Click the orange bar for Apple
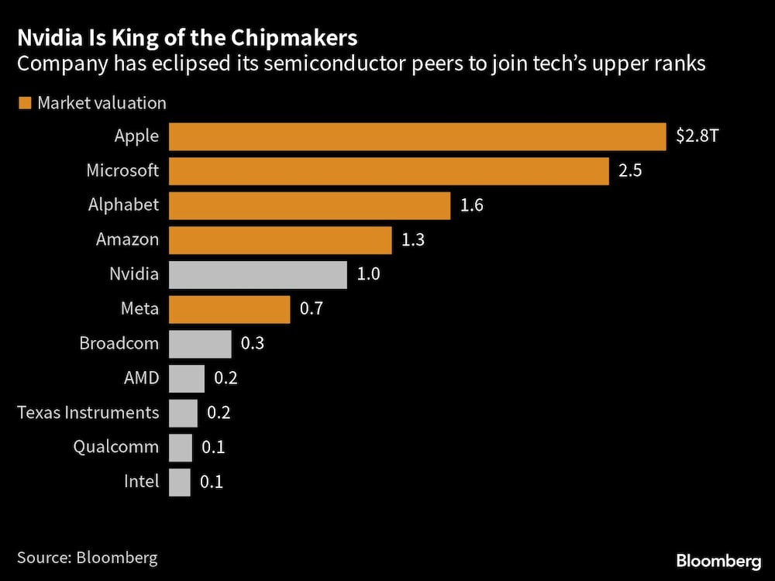pos(417,136)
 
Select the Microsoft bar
pos(388,171)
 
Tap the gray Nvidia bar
pos(257,274)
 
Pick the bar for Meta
pos(229,309)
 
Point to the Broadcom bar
pos(200,343)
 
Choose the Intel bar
pos(179,482)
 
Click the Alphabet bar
pos(309,205)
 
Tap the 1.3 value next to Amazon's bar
pos(413,240)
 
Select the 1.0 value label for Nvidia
pos(368,274)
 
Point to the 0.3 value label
pos(253,343)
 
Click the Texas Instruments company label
pos(88,412)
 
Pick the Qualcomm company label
pos(116,447)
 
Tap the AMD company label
pos(141,378)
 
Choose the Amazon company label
pos(127,240)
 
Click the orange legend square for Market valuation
pos(24,102)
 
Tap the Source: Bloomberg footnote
pos(88,557)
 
